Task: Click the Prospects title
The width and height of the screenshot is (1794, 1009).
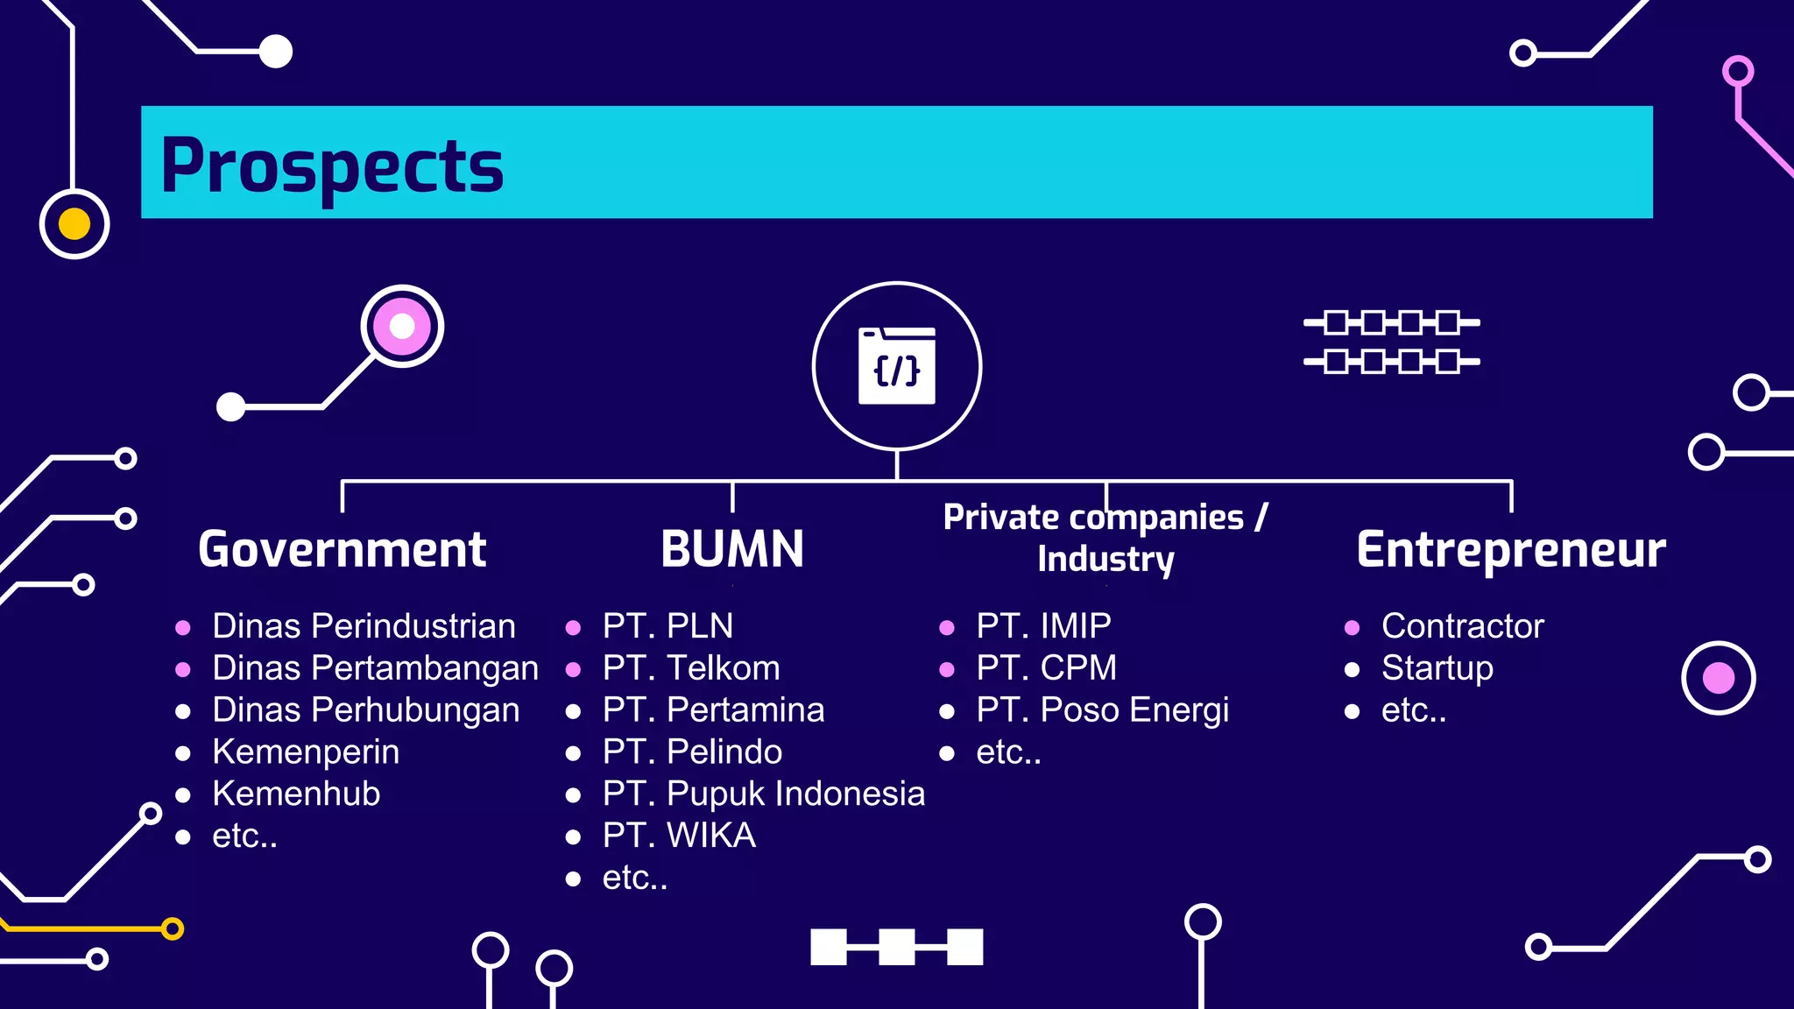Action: tap(332, 166)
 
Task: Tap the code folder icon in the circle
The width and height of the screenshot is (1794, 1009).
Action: tap(896, 366)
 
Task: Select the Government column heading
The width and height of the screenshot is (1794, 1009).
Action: tap(342, 549)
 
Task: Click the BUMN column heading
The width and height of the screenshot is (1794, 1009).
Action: tap(732, 549)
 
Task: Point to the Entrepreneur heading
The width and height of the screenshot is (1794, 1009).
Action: tap(1511, 549)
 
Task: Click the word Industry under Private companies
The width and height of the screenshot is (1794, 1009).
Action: tap(1105, 559)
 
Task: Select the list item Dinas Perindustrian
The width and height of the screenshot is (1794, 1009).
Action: tap(364, 626)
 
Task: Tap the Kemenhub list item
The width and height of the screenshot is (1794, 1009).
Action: tap(296, 794)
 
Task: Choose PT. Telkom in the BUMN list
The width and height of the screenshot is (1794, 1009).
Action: tap(690, 668)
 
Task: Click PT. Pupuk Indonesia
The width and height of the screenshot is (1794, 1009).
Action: tap(763, 794)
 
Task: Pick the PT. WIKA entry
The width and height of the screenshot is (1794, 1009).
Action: tap(679, 836)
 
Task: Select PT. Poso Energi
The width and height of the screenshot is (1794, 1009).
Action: tap(1102, 709)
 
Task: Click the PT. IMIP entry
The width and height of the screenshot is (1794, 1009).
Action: tap(1043, 626)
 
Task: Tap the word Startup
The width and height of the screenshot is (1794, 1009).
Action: tap(1437, 668)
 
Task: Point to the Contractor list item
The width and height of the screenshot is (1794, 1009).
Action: tap(1462, 626)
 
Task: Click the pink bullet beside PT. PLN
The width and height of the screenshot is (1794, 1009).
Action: tap(574, 627)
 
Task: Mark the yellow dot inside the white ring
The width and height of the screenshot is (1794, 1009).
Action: tap(74, 224)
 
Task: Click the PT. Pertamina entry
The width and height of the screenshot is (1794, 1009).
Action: tap(713, 709)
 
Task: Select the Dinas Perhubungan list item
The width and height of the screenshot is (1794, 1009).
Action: tap(365, 709)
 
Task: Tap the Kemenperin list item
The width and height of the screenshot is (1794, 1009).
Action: tap(305, 751)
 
